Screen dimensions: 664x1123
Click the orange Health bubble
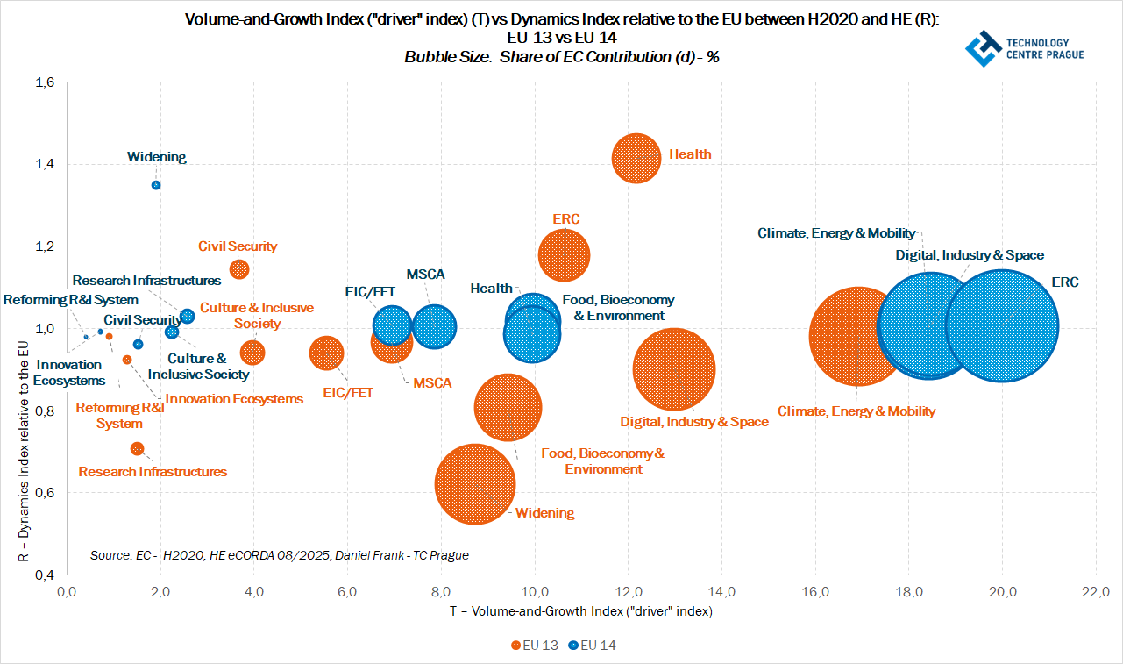[x=636, y=158]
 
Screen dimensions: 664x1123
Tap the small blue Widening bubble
[x=156, y=185]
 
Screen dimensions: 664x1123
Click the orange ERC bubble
[x=564, y=255]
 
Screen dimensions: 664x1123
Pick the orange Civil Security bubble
[x=238, y=268]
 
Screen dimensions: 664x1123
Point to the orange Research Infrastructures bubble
[x=137, y=448]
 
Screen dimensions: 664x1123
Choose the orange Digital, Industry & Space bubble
[x=673, y=369]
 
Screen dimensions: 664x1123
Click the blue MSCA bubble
[x=434, y=327]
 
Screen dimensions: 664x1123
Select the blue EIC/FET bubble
[x=392, y=325]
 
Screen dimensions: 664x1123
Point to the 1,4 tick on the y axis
[x=45, y=164]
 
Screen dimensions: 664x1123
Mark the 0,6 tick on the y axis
[x=45, y=493]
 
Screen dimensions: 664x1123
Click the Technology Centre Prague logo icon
[x=983, y=49]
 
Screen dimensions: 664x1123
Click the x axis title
[x=580, y=611]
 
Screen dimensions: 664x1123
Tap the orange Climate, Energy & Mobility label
[x=856, y=411]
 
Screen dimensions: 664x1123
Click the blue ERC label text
[x=1066, y=282]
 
